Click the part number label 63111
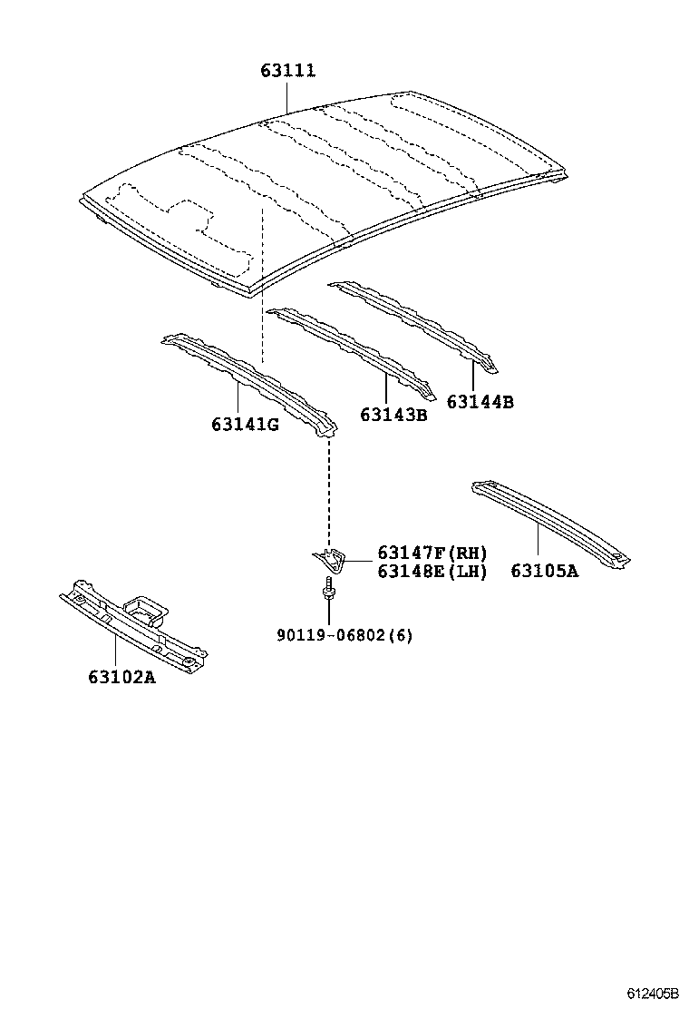pos(288,71)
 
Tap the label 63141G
pos(245,424)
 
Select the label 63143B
pos(393,415)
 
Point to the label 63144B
pos(480,401)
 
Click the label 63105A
pos(544,571)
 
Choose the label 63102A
pos(121,676)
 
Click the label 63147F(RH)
pos(432,553)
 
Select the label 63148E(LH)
pos(432,571)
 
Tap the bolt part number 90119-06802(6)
pos(344,635)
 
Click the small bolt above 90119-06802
pos(327,592)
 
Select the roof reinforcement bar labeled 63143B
pos(354,349)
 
